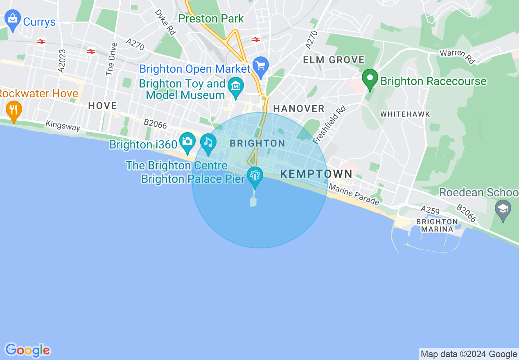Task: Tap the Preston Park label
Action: coord(211,19)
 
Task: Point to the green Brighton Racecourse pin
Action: coord(370,79)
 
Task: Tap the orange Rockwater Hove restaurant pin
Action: coord(14,110)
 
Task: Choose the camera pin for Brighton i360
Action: coord(187,142)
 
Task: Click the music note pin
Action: coord(208,144)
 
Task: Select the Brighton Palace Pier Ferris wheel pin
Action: coord(255,176)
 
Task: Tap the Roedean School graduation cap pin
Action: coord(503,209)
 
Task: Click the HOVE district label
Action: coord(102,106)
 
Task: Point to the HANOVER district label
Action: coord(299,108)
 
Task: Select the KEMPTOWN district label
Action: coord(316,174)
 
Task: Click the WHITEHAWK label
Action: coord(405,115)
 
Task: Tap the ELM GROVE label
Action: coord(334,60)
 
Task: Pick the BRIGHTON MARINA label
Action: coord(437,225)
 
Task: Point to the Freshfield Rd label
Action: coord(329,125)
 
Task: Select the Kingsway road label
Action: coord(63,126)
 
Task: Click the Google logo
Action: coord(27,350)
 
